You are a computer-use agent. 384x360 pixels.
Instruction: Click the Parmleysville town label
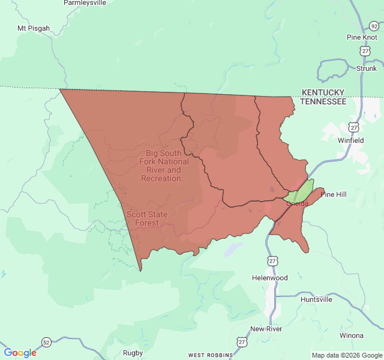(x=84, y=3)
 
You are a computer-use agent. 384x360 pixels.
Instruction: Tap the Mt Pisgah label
(x=34, y=28)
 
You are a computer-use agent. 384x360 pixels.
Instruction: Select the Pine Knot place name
(x=362, y=37)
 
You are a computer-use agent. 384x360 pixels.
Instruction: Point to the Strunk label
(x=367, y=68)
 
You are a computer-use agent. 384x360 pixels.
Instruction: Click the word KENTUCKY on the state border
(x=323, y=92)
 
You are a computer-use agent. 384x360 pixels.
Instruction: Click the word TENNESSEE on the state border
(x=323, y=101)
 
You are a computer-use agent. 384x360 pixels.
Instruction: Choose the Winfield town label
(x=350, y=140)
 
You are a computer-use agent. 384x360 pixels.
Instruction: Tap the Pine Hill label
(x=334, y=194)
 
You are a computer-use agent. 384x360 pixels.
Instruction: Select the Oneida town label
(x=298, y=203)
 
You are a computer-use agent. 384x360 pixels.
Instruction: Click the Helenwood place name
(x=269, y=278)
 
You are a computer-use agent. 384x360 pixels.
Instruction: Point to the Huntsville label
(x=316, y=299)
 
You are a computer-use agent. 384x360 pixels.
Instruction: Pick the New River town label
(x=266, y=329)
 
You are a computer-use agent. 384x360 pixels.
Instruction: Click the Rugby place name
(x=133, y=353)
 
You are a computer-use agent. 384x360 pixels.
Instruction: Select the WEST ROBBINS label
(x=210, y=355)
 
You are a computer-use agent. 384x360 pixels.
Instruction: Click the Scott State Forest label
(x=146, y=218)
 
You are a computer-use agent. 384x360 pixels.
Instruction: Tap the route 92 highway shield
(x=374, y=26)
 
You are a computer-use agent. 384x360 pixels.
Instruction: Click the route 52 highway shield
(x=46, y=342)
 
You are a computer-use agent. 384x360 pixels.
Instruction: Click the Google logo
(x=20, y=353)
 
